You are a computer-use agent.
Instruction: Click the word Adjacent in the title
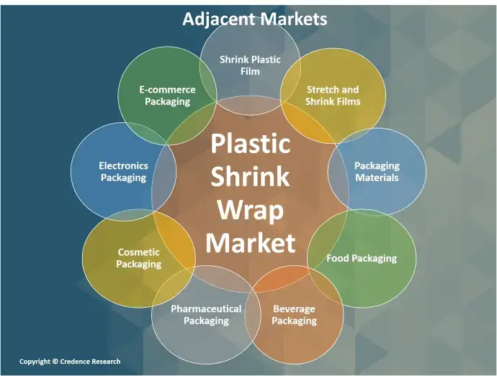pyautogui.click(x=219, y=19)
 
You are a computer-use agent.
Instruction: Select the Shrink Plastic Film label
pyautogui.click(x=250, y=65)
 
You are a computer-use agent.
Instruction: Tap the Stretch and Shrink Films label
pyautogui.click(x=333, y=96)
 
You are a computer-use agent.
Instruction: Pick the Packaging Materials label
pyautogui.click(x=377, y=172)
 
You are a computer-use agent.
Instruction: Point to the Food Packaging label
pyautogui.click(x=362, y=258)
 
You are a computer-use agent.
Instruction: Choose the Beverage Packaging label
pyautogui.click(x=294, y=315)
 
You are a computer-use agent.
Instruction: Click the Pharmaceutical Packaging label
pyautogui.click(x=206, y=315)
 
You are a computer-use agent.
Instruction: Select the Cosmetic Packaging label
pyautogui.click(x=139, y=258)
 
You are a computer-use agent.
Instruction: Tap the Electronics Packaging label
pyautogui.click(x=124, y=172)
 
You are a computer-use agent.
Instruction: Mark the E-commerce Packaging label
pyautogui.click(x=167, y=96)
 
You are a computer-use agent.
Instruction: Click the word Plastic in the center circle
pyautogui.click(x=251, y=143)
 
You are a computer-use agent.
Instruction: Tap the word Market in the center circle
pyautogui.click(x=251, y=243)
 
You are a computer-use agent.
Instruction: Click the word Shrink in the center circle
pyautogui.click(x=251, y=176)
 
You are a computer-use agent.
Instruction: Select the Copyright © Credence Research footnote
pyautogui.click(x=70, y=362)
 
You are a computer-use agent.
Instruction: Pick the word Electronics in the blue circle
pyautogui.click(x=124, y=166)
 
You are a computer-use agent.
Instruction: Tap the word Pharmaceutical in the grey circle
pyautogui.click(x=206, y=309)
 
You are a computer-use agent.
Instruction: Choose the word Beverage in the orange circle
pyautogui.click(x=294, y=309)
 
